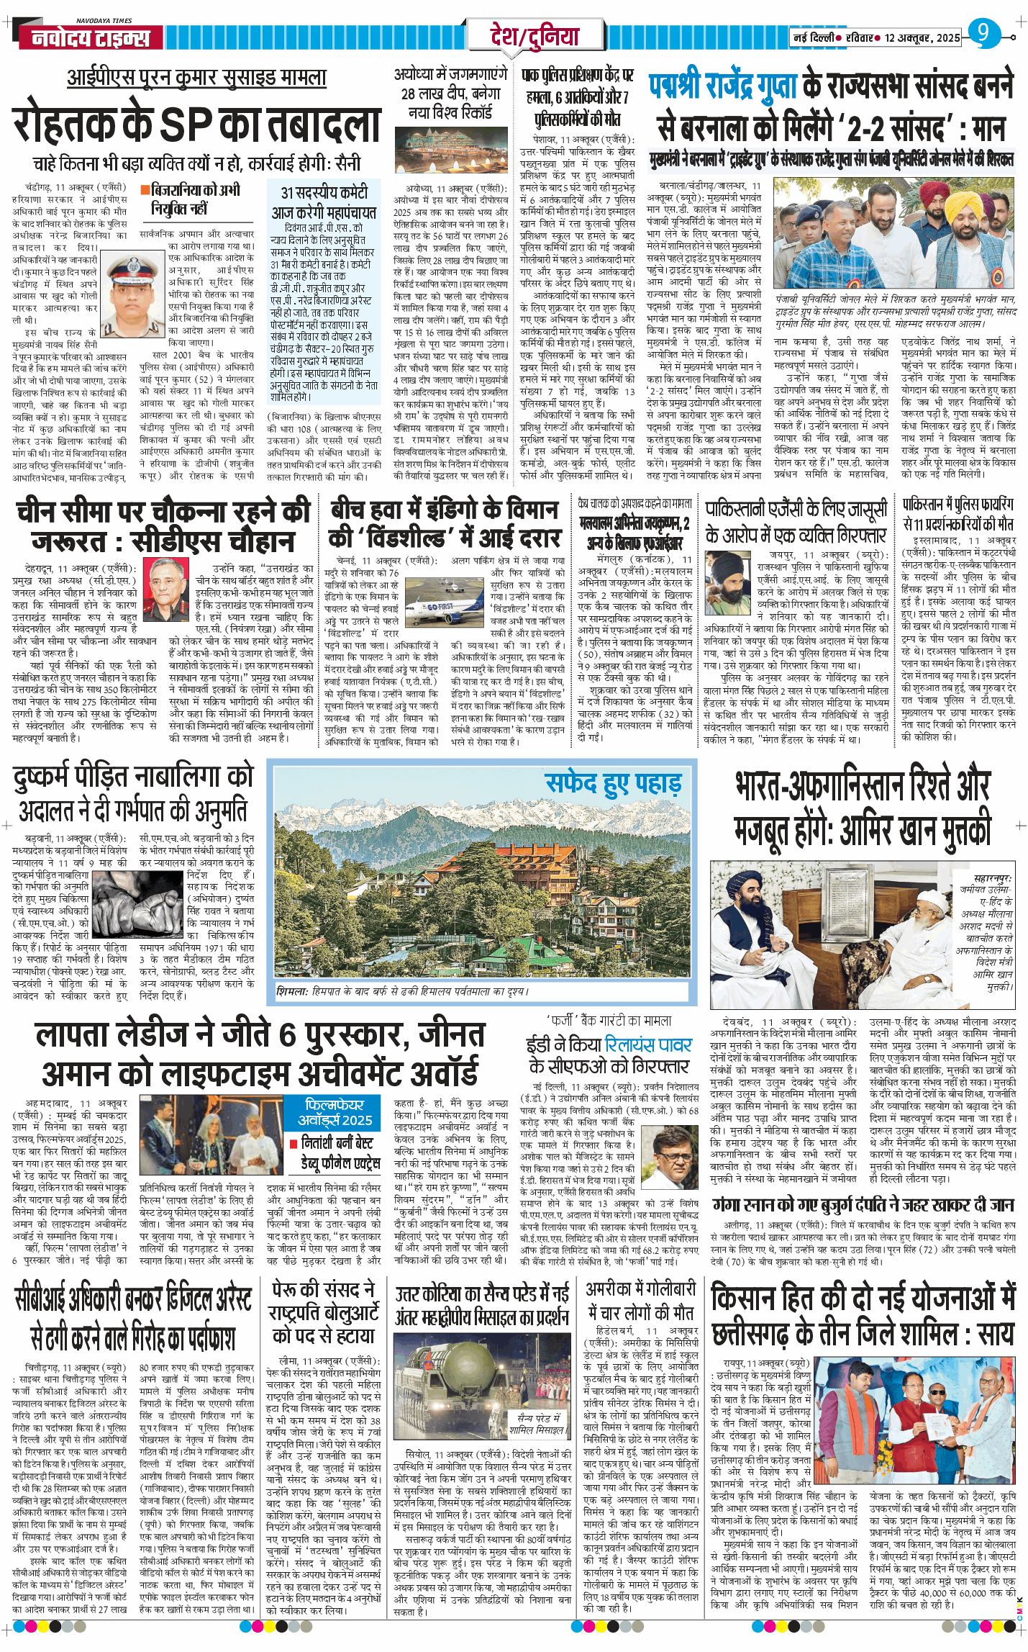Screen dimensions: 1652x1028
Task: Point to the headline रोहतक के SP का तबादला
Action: (x=196, y=126)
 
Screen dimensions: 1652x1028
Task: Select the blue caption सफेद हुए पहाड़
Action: (x=613, y=783)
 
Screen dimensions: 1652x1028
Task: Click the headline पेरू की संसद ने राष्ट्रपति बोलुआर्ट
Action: (x=324, y=1313)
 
